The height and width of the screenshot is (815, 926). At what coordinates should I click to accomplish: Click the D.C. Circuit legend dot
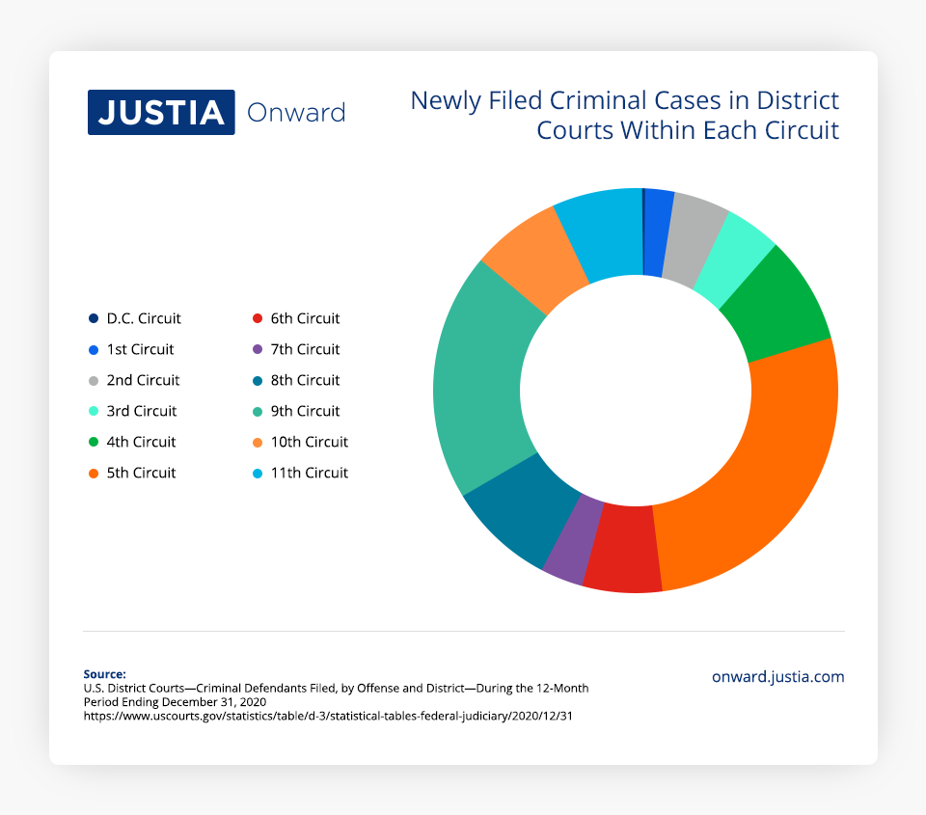pos(93,318)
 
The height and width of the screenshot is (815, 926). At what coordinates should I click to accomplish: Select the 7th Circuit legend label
pos(305,349)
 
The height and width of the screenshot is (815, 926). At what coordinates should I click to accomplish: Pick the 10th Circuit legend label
pos(309,442)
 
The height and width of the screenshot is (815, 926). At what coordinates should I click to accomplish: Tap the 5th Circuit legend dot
pos(93,473)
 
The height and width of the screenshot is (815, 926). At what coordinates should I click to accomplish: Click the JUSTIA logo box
pos(161,112)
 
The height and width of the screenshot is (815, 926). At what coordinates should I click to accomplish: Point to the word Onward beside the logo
pos(296,113)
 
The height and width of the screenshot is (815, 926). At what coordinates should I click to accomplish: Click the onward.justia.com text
pos(777,677)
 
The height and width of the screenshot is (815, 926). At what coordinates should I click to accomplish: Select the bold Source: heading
pos(104,674)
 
